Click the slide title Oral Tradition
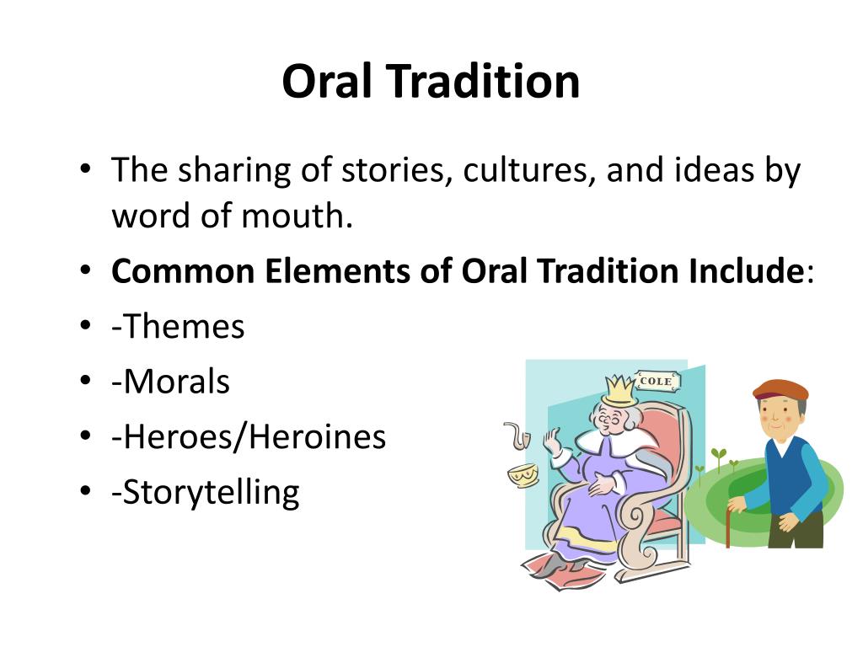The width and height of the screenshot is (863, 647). (431, 82)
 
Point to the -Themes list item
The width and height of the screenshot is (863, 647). (178, 326)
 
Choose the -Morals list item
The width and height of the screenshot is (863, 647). (170, 382)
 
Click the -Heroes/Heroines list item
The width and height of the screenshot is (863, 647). (249, 436)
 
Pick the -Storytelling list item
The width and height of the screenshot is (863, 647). (205, 492)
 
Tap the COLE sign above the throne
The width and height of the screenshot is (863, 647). (656, 382)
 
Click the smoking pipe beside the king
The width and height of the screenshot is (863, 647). (516, 436)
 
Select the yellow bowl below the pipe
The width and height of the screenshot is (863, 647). (523, 474)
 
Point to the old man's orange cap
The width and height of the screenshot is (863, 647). (779, 390)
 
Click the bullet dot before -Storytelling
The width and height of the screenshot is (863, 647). (86, 492)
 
